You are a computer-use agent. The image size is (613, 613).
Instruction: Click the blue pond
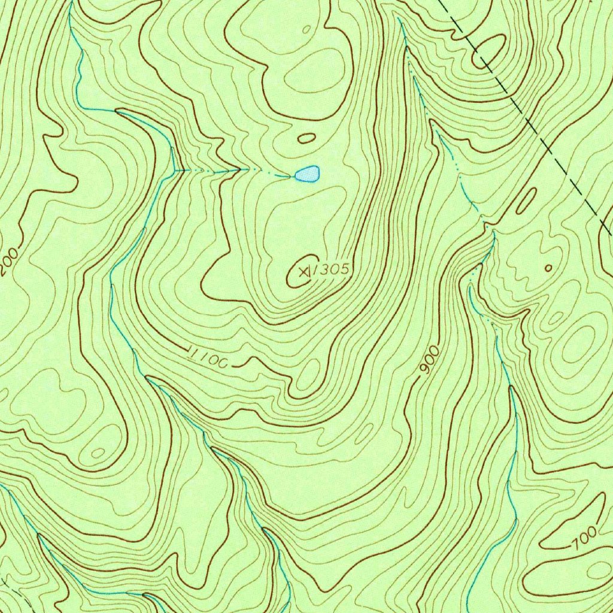pyautogui.click(x=308, y=174)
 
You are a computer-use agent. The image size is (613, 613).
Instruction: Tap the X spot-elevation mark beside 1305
pyautogui.click(x=304, y=272)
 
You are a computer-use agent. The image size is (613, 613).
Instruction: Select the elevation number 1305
pyautogui.click(x=331, y=270)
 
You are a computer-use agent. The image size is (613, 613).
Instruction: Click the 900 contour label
pyautogui.click(x=429, y=360)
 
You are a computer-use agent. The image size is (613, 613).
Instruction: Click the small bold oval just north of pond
pyautogui.click(x=306, y=138)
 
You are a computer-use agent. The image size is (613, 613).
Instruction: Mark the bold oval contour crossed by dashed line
pyautogui.click(x=489, y=51)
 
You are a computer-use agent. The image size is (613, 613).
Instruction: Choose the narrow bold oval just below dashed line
pyautogui.click(x=526, y=201)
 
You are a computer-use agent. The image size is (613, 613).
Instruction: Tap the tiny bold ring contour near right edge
pyautogui.click(x=548, y=268)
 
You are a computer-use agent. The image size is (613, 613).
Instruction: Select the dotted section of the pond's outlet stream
pyautogui.click(x=239, y=170)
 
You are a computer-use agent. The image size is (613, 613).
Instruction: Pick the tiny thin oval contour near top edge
pyautogui.click(x=306, y=29)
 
